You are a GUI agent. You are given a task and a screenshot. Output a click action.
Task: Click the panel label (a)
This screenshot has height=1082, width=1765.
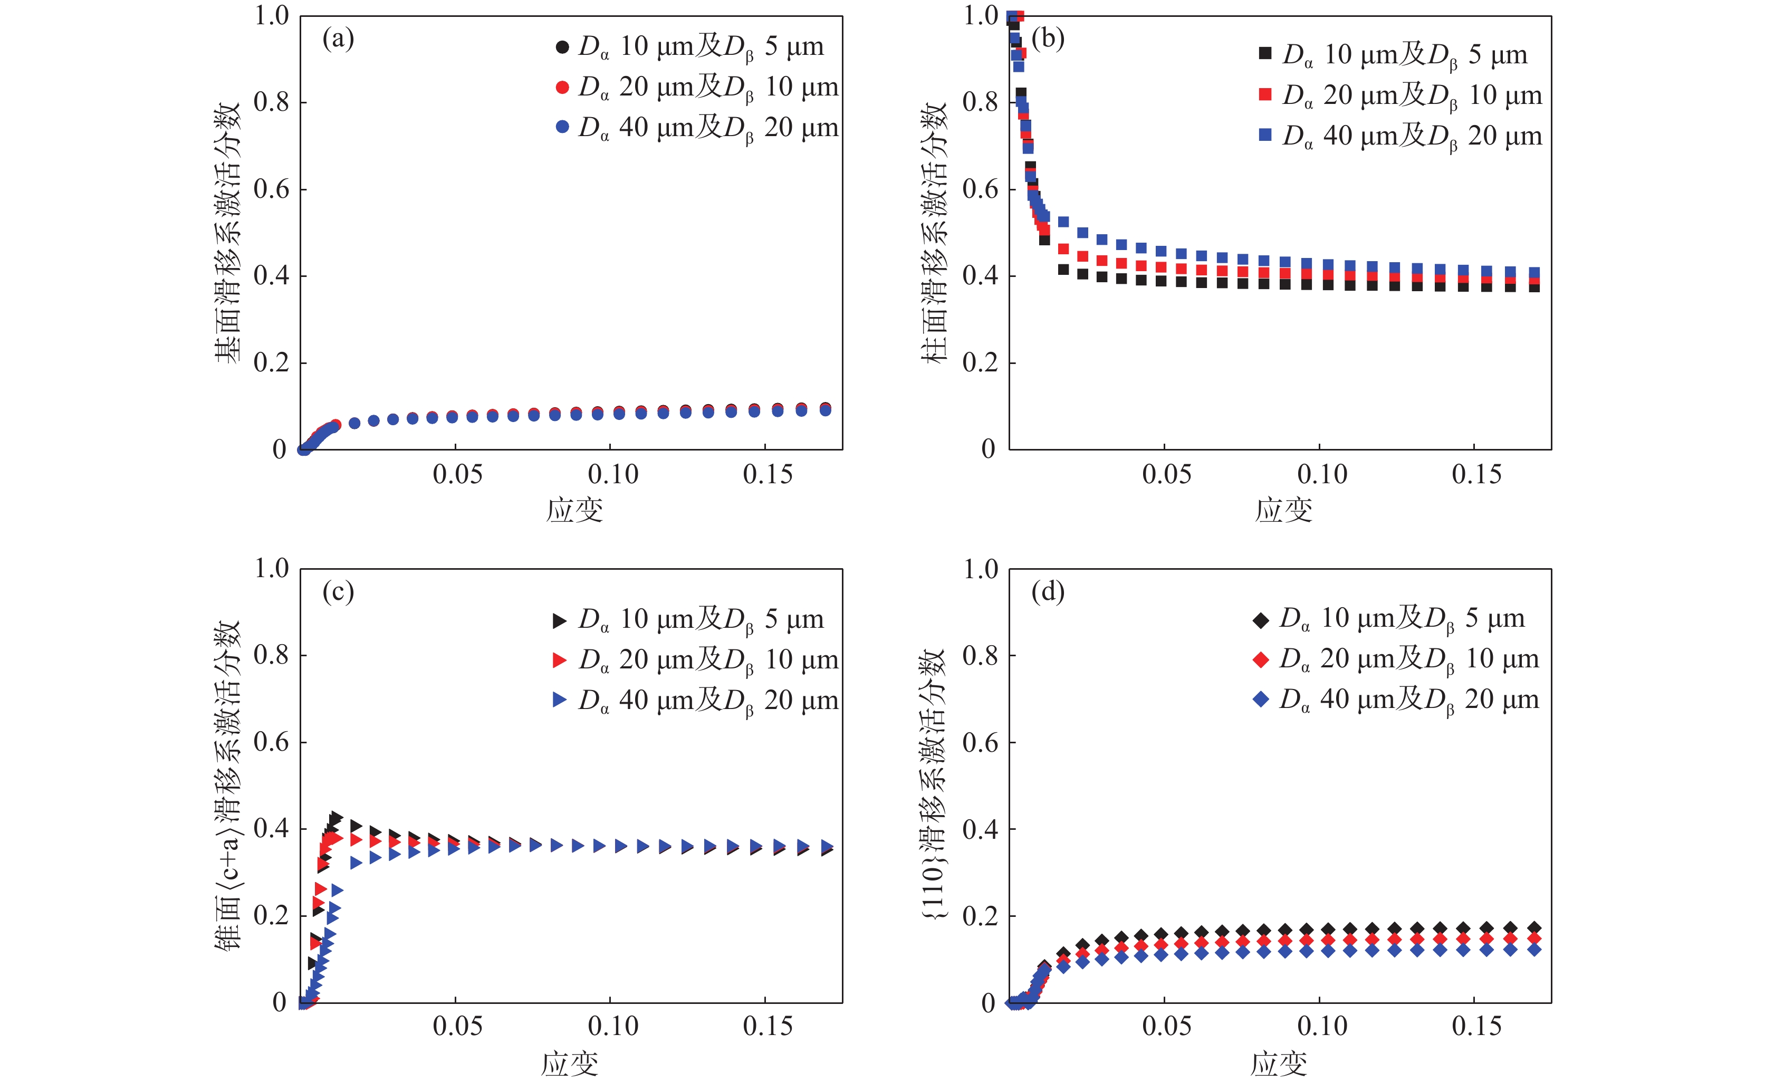tap(338, 39)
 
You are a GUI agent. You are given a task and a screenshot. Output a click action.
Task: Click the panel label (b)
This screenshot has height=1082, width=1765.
tap(1047, 39)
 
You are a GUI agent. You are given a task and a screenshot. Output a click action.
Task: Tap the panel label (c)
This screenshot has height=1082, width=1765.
tap(338, 592)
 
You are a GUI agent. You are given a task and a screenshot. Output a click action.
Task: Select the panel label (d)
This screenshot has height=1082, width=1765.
tap(1047, 592)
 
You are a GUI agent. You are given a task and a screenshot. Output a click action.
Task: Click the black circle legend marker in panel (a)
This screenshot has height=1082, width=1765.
tap(562, 47)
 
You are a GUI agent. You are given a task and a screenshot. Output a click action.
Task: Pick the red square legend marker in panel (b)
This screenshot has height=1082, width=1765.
tap(1265, 94)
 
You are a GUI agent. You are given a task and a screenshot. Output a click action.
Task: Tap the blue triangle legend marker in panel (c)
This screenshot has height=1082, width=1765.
tap(560, 700)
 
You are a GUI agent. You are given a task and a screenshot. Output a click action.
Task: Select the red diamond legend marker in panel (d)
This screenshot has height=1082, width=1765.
tap(1261, 659)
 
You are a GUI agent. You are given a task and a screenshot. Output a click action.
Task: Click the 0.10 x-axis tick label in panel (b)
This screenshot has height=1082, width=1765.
tap(1321, 474)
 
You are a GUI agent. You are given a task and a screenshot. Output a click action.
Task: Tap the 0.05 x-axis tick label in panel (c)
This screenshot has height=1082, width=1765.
tap(457, 1026)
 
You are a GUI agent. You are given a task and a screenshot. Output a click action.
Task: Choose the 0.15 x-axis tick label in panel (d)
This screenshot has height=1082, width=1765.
tap(1476, 1026)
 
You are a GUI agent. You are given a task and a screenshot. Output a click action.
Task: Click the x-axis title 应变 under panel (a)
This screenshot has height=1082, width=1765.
tap(574, 510)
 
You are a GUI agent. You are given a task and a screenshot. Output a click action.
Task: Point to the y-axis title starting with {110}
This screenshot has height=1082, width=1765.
tap(933, 784)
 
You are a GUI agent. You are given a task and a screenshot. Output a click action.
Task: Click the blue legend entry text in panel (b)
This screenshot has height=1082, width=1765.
tap(1411, 136)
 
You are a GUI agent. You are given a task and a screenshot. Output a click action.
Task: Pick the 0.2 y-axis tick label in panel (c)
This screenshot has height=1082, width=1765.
tap(271, 916)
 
